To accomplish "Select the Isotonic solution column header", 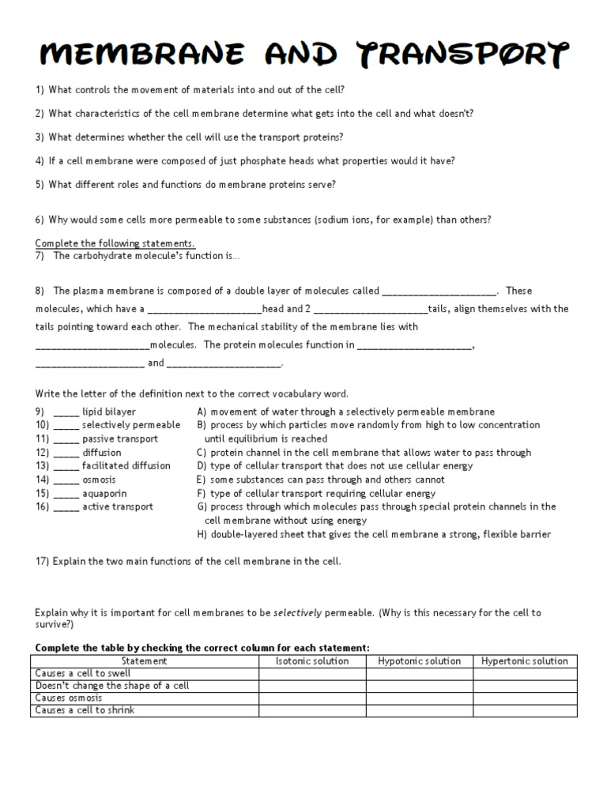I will [x=312, y=661].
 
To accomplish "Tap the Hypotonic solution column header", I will [x=419, y=661].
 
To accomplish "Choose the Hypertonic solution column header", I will [x=525, y=661].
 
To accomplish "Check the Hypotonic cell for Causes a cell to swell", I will [x=419, y=673].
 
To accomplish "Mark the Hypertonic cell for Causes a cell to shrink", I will [x=525, y=710].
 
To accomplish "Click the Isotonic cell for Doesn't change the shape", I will [x=312, y=686].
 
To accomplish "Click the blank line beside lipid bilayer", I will [x=66, y=412].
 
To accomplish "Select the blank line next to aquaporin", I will [x=66, y=494].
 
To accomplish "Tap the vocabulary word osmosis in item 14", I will [x=99, y=480].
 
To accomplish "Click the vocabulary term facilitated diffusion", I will [x=118, y=466].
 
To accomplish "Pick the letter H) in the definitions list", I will [x=202, y=535].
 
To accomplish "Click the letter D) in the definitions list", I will [x=202, y=466].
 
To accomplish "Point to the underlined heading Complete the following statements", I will [x=115, y=243].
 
